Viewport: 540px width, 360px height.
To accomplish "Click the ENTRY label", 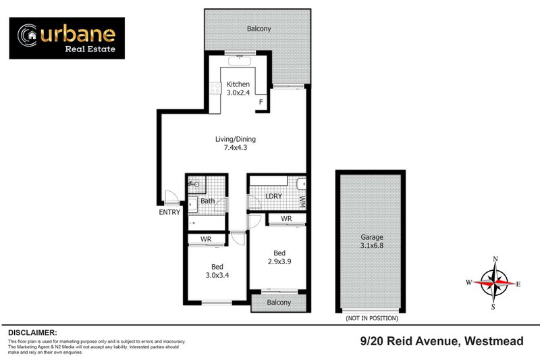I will [x=169, y=212].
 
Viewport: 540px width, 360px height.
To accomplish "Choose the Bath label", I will [x=207, y=201].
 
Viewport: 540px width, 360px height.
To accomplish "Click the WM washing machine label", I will [x=302, y=200].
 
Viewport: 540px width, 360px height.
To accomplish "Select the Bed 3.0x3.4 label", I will [x=217, y=271].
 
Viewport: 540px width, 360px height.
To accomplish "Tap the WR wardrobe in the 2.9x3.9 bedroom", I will [x=286, y=219].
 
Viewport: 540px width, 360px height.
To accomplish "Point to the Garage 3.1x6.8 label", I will [x=371, y=242].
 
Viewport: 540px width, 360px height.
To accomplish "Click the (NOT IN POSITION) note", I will [x=371, y=317].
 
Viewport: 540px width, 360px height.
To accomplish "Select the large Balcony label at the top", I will [x=259, y=29].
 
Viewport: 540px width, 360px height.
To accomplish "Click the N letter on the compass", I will [x=495, y=259].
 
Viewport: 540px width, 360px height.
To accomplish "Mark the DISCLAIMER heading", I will [x=32, y=333].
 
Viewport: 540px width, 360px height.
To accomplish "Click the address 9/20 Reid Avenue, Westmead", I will [x=441, y=342].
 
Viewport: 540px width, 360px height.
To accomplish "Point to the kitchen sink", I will [x=240, y=61].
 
